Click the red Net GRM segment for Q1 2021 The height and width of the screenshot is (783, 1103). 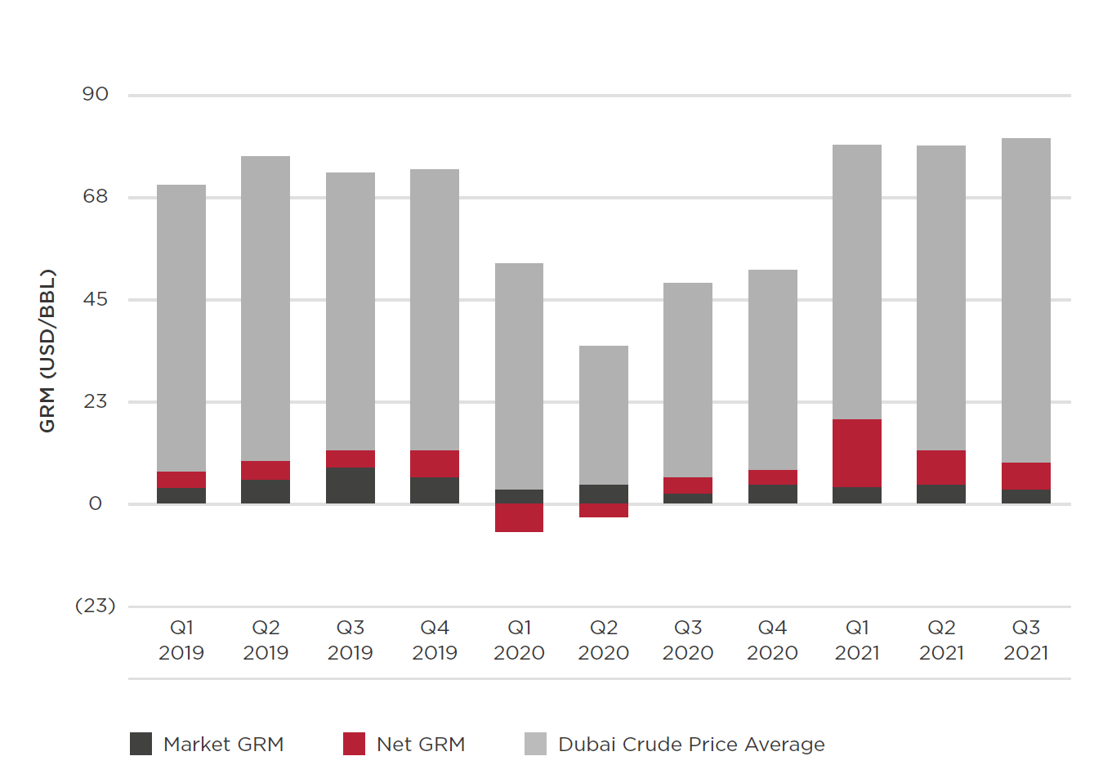coord(856,453)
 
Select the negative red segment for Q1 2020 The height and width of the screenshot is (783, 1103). coord(519,517)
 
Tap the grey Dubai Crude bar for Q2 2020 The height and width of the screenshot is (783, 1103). coord(603,414)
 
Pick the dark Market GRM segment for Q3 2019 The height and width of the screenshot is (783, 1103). coord(350,485)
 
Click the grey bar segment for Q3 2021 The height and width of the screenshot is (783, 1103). coord(1025,300)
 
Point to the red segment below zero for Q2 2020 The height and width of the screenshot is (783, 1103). coord(603,510)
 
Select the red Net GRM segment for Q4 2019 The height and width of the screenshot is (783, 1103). coord(434,463)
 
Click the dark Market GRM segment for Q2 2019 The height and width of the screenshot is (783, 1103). coord(265,491)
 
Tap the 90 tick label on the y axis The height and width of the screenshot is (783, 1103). coord(95,94)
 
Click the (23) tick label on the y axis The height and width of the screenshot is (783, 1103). coord(95,606)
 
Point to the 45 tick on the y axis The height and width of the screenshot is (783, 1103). coord(95,299)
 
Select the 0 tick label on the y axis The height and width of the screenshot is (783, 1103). coord(95,503)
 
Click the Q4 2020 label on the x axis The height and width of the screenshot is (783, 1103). coord(771,640)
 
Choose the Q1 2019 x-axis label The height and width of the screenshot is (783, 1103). coord(181,640)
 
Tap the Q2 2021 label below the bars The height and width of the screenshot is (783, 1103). coord(941,640)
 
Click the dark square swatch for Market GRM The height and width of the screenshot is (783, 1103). coord(141,744)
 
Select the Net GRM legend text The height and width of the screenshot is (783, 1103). coord(420,744)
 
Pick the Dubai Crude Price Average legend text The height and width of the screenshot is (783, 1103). coord(690,744)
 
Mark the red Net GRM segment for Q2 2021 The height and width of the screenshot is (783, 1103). coord(940,468)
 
